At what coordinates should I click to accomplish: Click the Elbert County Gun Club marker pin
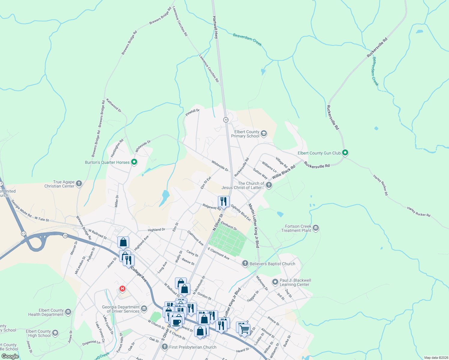pyautogui.click(x=345, y=153)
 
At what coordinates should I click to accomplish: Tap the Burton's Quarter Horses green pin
pyautogui.click(x=134, y=162)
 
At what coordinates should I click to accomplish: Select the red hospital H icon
pyautogui.click(x=122, y=289)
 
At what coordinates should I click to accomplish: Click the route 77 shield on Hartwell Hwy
pyautogui.click(x=226, y=120)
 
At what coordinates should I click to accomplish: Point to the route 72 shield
pyautogui.click(x=65, y=236)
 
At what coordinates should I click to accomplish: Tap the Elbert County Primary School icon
pyautogui.click(x=264, y=133)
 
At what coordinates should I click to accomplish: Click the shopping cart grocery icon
pyautogui.click(x=245, y=329)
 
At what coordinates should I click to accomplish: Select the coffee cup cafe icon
pyautogui.click(x=176, y=322)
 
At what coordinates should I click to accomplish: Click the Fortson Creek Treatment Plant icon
pyautogui.click(x=315, y=228)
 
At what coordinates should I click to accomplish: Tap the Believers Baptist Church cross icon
pyautogui.click(x=245, y=264)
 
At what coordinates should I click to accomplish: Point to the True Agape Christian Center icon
pyautogui.click(x=79, y=184)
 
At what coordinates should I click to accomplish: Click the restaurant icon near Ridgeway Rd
pyautogui.click(x=223, y=202)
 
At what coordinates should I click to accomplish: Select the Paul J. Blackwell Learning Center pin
pyautogui.click(x=275, y=282)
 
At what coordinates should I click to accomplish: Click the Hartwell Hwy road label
pyautogui.click(x=215, y=27)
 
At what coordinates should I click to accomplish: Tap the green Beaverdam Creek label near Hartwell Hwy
pyautogui.click(x=247, y=40)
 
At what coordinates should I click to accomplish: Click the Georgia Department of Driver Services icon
pyautogui.click(x=144, y=308)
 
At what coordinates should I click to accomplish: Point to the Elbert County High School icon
pyautogui.click(x=55, y=333)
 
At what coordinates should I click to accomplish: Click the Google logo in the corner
pyautogui.click(x=10, y=356)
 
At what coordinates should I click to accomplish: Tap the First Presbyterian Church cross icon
pyautogui.click(x=164, y=347)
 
